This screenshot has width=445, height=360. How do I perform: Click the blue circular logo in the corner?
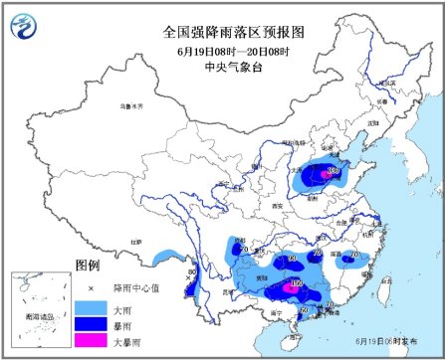point(23,23)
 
